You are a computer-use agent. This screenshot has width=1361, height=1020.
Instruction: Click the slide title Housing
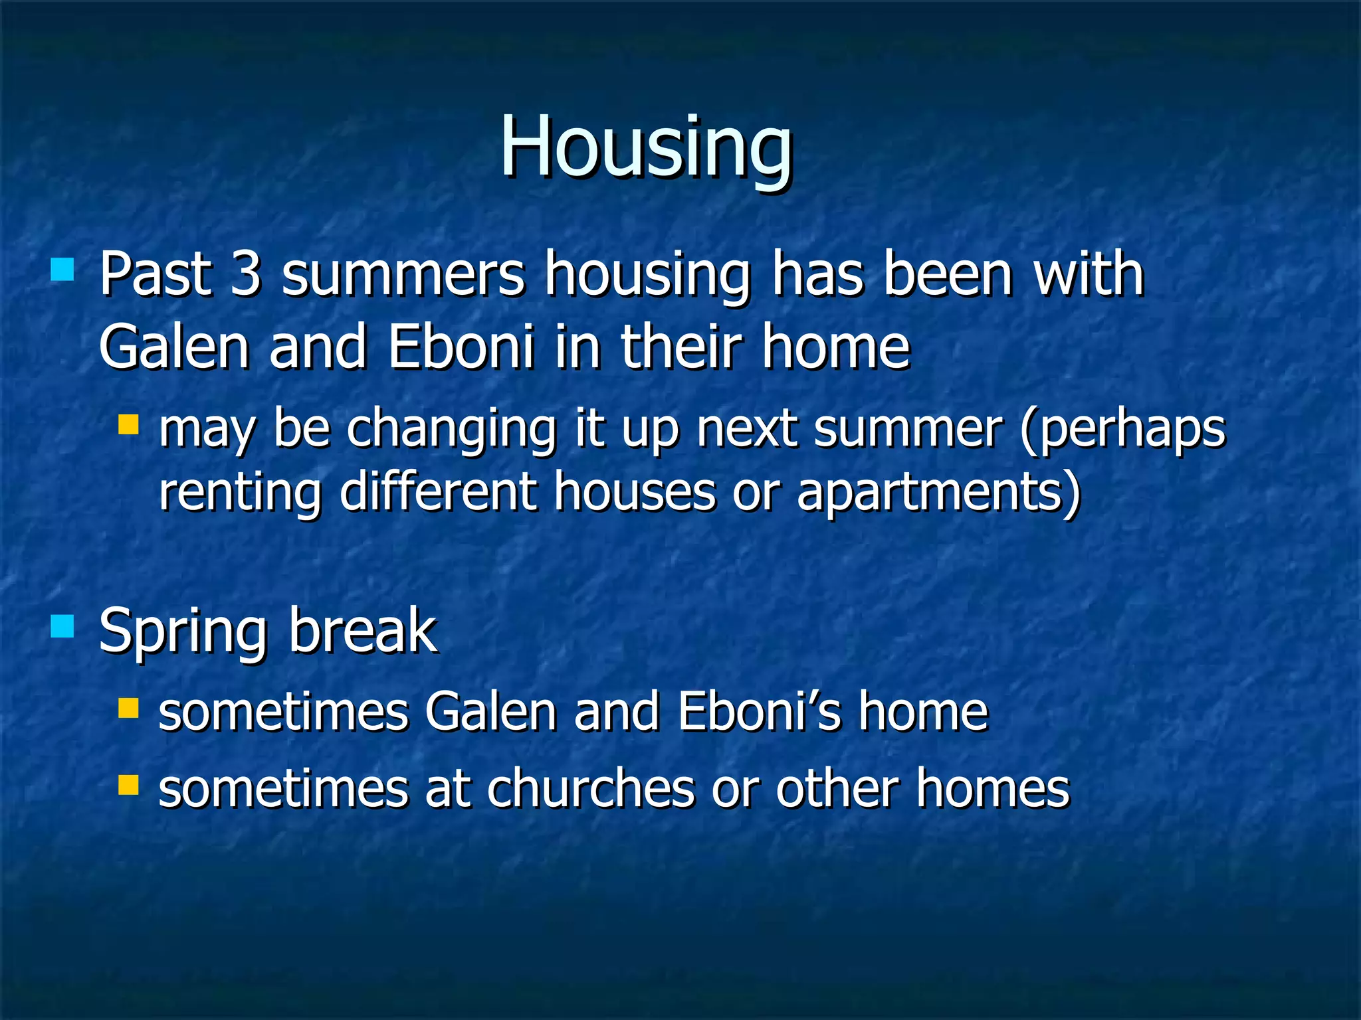(x=646, y=147)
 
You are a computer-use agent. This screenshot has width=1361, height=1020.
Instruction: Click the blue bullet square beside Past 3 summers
(x=62, y=270)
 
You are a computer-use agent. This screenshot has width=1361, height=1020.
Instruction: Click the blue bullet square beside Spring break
(x=62, y=626)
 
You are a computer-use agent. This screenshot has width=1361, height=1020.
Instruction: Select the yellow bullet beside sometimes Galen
(x=128, y=709)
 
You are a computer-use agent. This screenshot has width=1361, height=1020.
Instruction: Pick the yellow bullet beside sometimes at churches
(x=128, y=785)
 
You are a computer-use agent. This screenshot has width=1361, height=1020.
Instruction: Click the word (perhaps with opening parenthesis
(x=1122, y=430)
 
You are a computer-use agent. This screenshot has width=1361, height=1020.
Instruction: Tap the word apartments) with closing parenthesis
(x=938, y=493)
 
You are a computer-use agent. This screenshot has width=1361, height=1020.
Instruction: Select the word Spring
(x=183, y=632)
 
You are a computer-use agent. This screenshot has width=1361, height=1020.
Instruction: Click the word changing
(x=451, y=430)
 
